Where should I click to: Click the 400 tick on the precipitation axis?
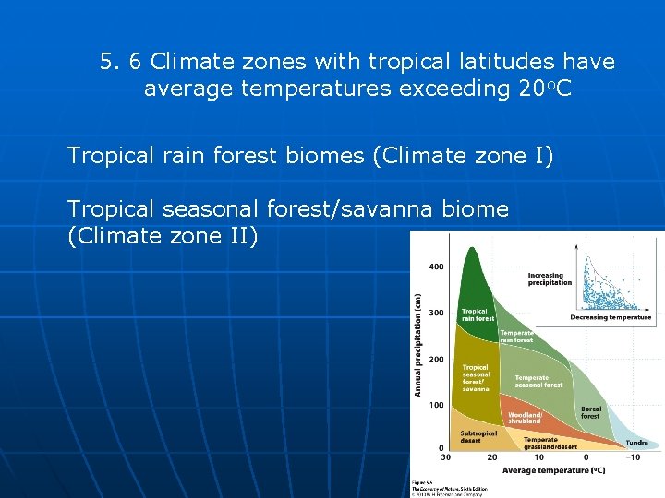[435, 267]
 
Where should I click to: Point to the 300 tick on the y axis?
[435, 313]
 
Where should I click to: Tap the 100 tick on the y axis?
[435, 405]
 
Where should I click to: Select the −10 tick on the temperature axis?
[634, 457]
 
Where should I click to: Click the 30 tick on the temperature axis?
[446, 457]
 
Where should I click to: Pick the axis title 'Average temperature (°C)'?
[553, 470]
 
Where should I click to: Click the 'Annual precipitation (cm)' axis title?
[418, 346]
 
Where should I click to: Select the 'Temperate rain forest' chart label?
[516, 336]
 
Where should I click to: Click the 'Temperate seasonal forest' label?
[538, 381]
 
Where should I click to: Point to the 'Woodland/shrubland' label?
[524, 418]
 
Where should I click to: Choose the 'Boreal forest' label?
[590, 412]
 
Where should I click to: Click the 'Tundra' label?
[636, 442]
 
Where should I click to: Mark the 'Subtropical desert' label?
[478, 436]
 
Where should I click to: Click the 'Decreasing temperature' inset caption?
[611, 317]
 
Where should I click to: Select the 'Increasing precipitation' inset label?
[550, 279]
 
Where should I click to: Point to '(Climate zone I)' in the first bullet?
[463, 156]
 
